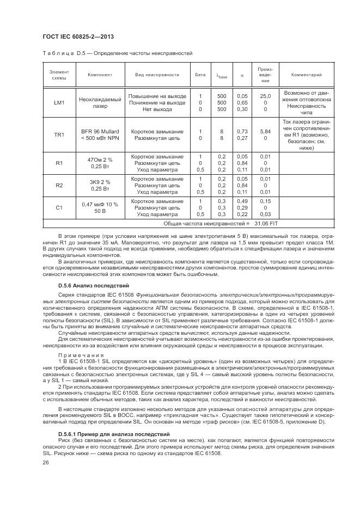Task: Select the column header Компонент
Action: (100, 75)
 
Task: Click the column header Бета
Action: (200, 75)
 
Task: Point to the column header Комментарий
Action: (307, 75)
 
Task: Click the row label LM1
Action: (59, 102)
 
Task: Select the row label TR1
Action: (59, 134)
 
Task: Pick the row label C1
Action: (59, 207)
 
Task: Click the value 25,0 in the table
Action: (265, 96)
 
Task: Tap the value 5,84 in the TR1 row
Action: (265, 131)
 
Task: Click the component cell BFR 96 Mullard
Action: (100, 131)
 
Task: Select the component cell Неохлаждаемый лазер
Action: (100, 102)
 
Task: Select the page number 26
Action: (46, 463)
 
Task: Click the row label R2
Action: (59, 185)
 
